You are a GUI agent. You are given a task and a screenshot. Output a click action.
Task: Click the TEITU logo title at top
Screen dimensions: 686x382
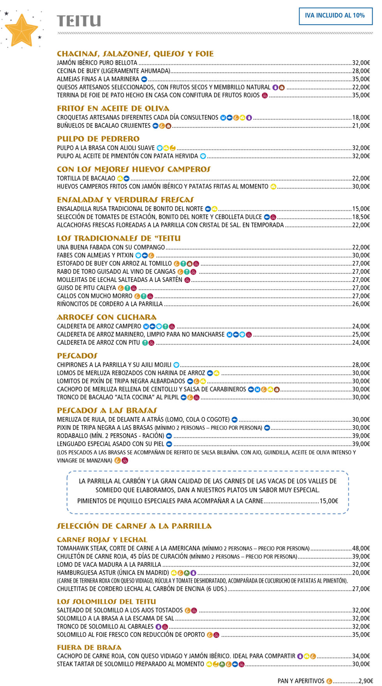pyautogui.click(x=79, y=21)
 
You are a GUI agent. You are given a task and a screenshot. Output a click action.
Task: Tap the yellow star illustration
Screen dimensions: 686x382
pyautogui.click(x=21, y=30)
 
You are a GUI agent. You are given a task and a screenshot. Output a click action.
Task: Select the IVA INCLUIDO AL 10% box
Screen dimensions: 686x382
pyautogui.click(x=335, y=16)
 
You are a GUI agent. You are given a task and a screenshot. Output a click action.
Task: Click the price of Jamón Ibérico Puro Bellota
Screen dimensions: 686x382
pyautogui.click(x=361, y=63)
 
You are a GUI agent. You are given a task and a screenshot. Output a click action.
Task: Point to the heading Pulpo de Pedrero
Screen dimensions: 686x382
pyautogui.click(x=98, y=139)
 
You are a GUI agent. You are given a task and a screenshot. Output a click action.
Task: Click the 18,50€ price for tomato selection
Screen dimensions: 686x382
pyautogui.click(x=361, y=217)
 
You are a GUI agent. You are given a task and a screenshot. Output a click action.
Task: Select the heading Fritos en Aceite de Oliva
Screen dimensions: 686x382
pyautogui.click(x=113, y=108)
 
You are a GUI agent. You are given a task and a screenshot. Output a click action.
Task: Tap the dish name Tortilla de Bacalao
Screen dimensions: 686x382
pyautogui.click(x=86, y=179)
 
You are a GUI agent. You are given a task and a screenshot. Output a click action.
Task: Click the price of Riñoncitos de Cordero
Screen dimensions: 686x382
pyautogui.click(x=361, y=304)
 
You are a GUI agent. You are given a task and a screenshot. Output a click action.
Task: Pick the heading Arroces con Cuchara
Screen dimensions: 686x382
pyautogui.click(x=106, y=317)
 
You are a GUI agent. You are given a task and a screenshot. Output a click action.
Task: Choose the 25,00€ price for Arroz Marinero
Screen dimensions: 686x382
pyautogui.click(x=361, y=335)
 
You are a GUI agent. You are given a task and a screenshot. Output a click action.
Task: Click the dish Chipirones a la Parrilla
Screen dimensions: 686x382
pyautogui.click(x=114, y=365)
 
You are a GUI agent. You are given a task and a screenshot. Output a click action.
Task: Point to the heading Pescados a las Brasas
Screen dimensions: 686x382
pyautogui.click(x=107, y=411)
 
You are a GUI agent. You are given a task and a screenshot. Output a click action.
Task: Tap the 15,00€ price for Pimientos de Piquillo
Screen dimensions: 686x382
pyautogui.click(x=329, y=501)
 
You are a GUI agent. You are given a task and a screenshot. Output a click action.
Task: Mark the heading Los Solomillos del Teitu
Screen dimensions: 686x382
pyautogui.click(x=106, y=602)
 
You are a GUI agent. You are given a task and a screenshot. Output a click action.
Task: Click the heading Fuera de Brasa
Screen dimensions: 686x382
pyautogui.click(x=89, y=647)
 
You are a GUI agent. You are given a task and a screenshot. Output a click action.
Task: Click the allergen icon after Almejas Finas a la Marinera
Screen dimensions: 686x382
pyautogui.click(x=144, y=79)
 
